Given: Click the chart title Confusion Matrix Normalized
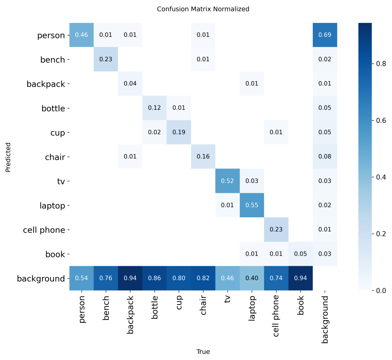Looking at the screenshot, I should point(203,9).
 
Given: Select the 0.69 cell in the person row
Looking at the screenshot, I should point(325,35).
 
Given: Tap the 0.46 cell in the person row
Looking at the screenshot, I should point(81,35).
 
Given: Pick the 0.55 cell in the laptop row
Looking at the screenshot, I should point(252,205).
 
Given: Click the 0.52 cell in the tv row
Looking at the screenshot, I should point(227,181).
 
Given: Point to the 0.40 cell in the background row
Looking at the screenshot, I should point(252,279).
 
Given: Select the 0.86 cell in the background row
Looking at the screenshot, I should point(154,279).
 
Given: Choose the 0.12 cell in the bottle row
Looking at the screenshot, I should point(154,108).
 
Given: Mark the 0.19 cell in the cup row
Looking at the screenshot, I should point(179,132).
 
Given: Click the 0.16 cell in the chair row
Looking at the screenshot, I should point(203,157).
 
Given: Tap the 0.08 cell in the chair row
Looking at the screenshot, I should point(325,157).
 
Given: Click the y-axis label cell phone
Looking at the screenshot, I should point(44,230).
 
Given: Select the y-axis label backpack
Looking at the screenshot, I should point(46,84).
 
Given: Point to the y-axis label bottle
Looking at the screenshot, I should point(53,108).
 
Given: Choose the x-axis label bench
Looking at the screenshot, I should point(106,305).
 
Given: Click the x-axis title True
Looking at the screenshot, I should point(203,352).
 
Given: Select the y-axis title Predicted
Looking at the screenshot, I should point(8,157).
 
